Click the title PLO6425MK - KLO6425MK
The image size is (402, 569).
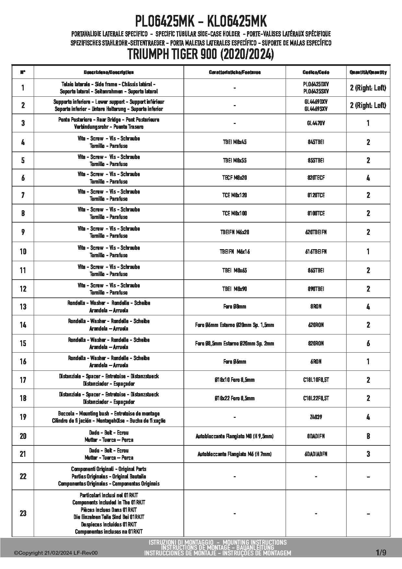pos(201,22)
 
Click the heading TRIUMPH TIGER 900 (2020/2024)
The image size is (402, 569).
pos(201,54)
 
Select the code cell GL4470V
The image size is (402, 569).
pos(316,123)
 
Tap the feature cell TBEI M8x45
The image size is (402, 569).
pos(234,142)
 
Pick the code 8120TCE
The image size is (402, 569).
pos(316,195)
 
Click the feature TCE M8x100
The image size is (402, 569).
pos(234,213)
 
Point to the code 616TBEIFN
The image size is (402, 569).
pos(316,251)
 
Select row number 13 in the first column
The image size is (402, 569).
pos(23,307)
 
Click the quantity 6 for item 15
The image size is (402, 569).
pos(368,343)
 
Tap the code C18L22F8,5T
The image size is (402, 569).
pos(316,398)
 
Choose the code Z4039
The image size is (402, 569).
pos(316,417)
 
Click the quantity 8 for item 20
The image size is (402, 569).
pos(368,436)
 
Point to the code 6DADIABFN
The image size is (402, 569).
pos(316,454)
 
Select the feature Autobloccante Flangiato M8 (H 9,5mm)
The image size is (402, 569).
pos(234,436)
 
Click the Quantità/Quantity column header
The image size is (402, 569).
pos(368,72)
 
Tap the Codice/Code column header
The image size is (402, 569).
pos(316,72)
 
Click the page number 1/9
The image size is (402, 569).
pos(381,552)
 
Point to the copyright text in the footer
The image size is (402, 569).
pos(56,553)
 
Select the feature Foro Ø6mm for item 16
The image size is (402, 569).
pos(234,361)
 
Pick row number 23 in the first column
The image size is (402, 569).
pos(23,513)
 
